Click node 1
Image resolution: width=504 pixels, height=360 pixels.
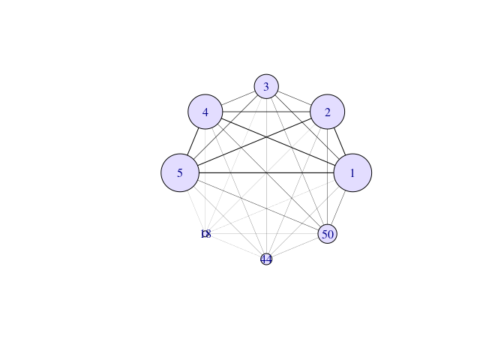coord(352,173)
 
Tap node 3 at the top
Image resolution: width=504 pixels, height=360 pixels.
coord(266,87)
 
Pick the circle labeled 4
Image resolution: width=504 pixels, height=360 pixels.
coord(205,112)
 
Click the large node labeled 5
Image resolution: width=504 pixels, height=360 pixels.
coord(180,173)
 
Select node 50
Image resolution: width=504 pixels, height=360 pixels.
coord(327,234)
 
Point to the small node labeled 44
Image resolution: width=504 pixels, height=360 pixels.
coord(266,259)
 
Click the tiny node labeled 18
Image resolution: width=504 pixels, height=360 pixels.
coord(206,234)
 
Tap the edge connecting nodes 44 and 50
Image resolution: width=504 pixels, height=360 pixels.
coord(295,247)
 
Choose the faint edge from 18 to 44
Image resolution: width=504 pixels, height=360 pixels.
coord(235,246)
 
